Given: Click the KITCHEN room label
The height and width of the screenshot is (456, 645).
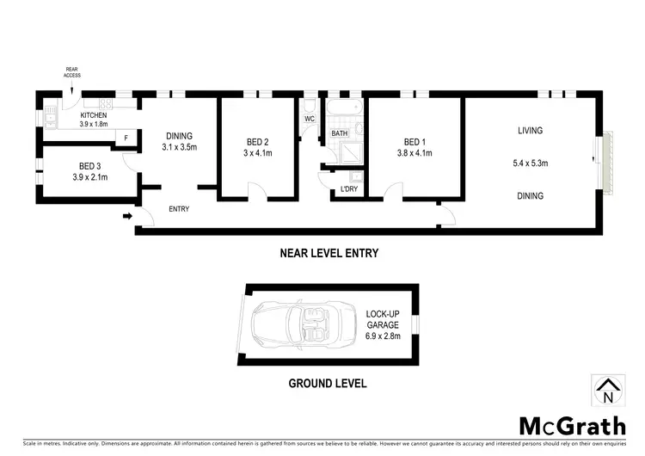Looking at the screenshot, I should pyautogui.click(x=93, y=115).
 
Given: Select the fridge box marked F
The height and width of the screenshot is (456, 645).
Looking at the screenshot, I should pyautogui.click(x=126, y=138).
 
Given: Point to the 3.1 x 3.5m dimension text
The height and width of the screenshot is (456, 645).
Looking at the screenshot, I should pyautogui.click(x=180, y=147).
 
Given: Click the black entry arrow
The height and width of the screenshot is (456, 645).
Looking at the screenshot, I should pyautogui.click(x=127, y=217).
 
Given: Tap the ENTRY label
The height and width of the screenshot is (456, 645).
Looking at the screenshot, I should pyautogui.click(x=179, y=209).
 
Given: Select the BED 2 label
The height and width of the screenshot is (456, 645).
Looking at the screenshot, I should pyautogui.click(x=258, y=142).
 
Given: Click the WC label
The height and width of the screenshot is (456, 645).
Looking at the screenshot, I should pyautogui.click(x=310, y=118).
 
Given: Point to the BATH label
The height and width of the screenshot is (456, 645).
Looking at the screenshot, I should pyautogui.click(x=340, y=133).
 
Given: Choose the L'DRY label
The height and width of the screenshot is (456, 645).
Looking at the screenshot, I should pyautogui.click(x=348, y=189).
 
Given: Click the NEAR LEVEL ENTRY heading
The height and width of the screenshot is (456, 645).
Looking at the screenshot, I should pyautogui.click(x=329, y=253).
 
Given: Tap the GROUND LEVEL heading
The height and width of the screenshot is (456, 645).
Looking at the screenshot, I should pyautogui.click(x=328, y=383).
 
